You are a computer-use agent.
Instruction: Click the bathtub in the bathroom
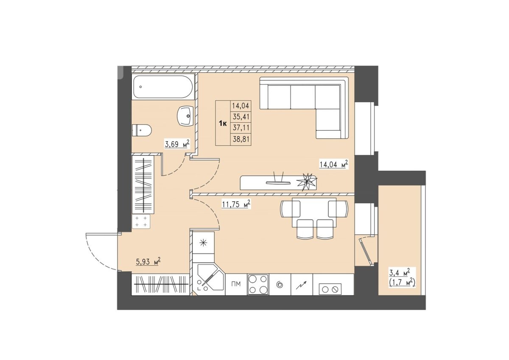pyautogui.click(x=163, y=87)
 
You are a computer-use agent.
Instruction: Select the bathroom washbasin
pyautogui.click(x=186, y=116)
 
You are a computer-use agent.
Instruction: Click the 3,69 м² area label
pyautogui.click(x=177, y=144)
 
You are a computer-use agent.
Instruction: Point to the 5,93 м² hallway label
pyautogui.click(x=148, y=262)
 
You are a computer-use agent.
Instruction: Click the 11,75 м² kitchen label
pyautogui.click(x=236, y=204)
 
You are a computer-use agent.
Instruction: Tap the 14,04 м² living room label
pyautogui.click(x=334, y=164)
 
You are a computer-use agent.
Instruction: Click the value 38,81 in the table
pyautogui.click(x=241, y=139)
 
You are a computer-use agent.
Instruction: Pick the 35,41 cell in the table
pyautogui.click(x=241, y=117)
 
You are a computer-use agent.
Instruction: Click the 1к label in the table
pyautogui.click(x=223, y=124)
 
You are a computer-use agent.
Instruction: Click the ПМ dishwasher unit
pyautogui.click(x=236, y=284)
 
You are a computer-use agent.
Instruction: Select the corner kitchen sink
pyautogui.click(x=208, y=279)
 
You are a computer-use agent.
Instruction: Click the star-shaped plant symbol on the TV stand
pyautogui.click(x=307, y=182)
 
